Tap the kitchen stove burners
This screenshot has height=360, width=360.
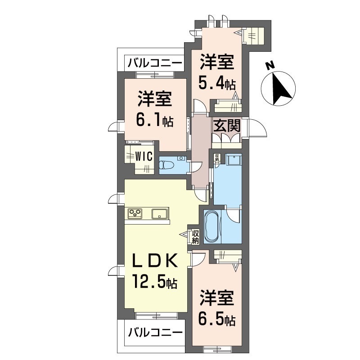pos(135,213)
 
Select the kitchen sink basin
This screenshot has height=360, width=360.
pos(160,213)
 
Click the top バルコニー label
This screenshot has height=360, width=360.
pos(154,63)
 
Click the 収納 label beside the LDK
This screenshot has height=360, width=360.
pos(195,237)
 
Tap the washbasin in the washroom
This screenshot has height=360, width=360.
pos(234,161)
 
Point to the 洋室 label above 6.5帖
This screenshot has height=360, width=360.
pos(217,299)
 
